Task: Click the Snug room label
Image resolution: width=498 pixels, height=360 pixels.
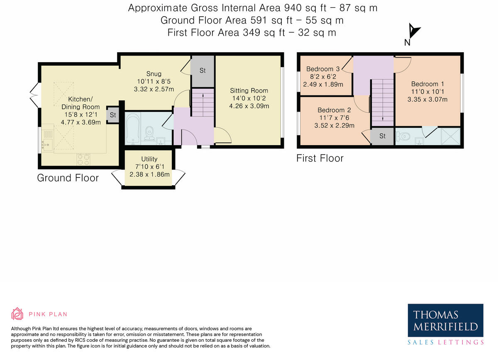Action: click(154, 74)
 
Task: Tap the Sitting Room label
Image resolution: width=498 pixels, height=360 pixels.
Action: click(249, 91)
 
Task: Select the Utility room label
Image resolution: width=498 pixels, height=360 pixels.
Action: click(149, 159)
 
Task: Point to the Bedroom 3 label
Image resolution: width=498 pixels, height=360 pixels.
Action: click(323, 69)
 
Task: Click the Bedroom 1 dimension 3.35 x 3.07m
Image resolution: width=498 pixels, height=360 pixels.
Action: click(427, 100)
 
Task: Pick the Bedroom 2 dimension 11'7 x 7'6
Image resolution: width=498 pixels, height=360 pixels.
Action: click(334, 118)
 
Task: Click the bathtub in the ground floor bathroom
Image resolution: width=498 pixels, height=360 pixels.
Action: click(133, 129)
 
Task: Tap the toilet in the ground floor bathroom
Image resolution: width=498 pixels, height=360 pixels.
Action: click(149, 134)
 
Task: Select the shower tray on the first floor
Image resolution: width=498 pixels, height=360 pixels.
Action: click(450, 136)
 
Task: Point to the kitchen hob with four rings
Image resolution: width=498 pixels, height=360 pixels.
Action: click(83, 160)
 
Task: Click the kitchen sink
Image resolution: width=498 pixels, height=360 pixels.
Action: click(47, 145)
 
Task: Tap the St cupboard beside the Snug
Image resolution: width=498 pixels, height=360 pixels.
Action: click(203, 71)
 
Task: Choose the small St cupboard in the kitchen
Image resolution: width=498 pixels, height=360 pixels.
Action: click(113, 115)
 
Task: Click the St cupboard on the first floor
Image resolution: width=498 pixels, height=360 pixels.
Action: click(382, 136)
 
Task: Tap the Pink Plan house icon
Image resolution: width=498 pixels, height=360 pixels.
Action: click(17, 314)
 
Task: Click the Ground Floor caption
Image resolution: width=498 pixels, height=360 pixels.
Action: click(68, 178)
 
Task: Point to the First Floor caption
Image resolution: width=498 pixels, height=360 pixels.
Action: click(320, 158)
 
